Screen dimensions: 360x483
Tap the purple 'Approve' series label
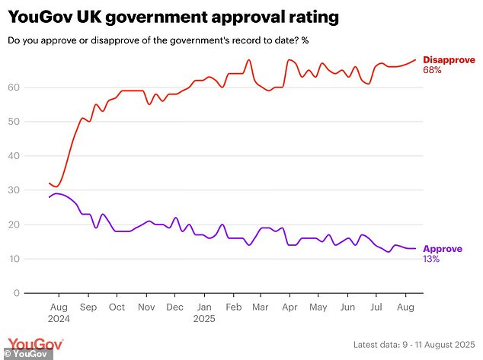point(442,248)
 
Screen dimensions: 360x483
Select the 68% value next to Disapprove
point(432,70)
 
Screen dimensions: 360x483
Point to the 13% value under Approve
point(431,259)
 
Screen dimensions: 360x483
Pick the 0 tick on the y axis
point(16,293)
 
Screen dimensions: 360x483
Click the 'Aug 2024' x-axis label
point(59,313)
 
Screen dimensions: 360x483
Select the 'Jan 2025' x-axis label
point(204,313)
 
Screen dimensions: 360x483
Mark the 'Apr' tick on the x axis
point(289,307)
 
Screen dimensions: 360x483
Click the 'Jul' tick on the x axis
point(376,307)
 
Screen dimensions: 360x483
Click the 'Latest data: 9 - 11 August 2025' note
point(414,346)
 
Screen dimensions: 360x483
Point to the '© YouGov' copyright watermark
point(24,354)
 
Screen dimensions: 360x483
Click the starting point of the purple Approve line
point(49,197)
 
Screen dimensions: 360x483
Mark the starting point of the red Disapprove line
point(49,183)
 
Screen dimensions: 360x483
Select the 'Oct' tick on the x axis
point(117,307)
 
